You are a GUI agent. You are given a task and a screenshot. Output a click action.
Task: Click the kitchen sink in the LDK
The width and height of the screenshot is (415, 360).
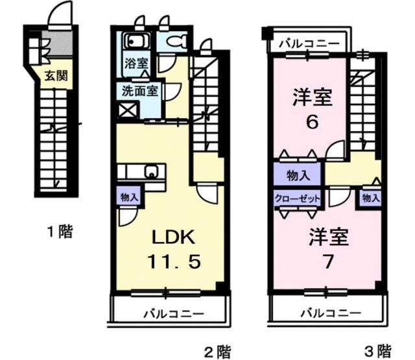tap(152, 173)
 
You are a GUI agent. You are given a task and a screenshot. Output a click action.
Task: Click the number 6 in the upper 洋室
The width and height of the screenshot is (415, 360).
tap(312, 123)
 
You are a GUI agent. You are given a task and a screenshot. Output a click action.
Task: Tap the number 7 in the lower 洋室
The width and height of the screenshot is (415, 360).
tap(328, 262)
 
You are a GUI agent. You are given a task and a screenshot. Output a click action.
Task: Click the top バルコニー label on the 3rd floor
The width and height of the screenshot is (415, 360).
tap(309, 43)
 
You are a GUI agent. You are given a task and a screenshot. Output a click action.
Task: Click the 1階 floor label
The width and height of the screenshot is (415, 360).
tap(59, 230)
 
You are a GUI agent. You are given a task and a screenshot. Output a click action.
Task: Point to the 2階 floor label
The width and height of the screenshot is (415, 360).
tap(217, 351)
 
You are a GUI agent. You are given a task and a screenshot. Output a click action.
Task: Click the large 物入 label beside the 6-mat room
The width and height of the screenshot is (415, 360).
tap(297, 174)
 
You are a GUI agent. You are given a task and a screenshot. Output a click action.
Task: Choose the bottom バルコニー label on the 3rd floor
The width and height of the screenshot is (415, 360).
tap(330, 313)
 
